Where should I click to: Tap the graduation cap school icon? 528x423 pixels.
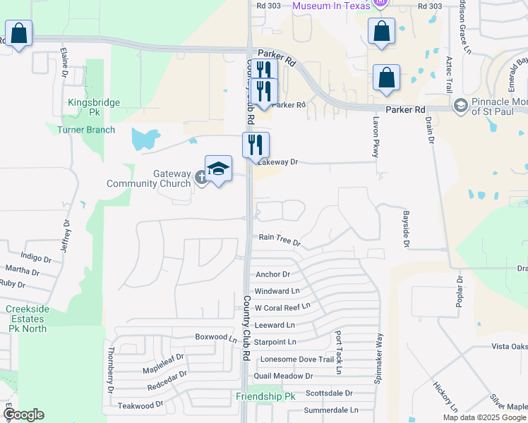(219, 169)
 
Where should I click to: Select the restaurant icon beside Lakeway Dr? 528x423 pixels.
(256, 145)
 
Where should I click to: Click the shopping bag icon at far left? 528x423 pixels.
(18, 33)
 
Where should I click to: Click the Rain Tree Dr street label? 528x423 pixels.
(280, 240)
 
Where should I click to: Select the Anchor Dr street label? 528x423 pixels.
(273, 274)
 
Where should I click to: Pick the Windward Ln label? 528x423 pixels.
(277, 290)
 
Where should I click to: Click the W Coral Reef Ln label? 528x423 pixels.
(282, 307)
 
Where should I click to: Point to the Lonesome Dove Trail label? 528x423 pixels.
(296, 359)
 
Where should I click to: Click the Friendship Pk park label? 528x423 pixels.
(265, 397)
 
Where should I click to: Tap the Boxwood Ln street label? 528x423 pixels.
(217, 337)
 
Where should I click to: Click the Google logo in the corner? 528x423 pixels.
(23, 415)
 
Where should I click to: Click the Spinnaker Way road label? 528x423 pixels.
(379, 367)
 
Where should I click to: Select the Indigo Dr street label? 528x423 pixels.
(37, 258)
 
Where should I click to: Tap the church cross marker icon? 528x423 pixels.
(201, 179)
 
